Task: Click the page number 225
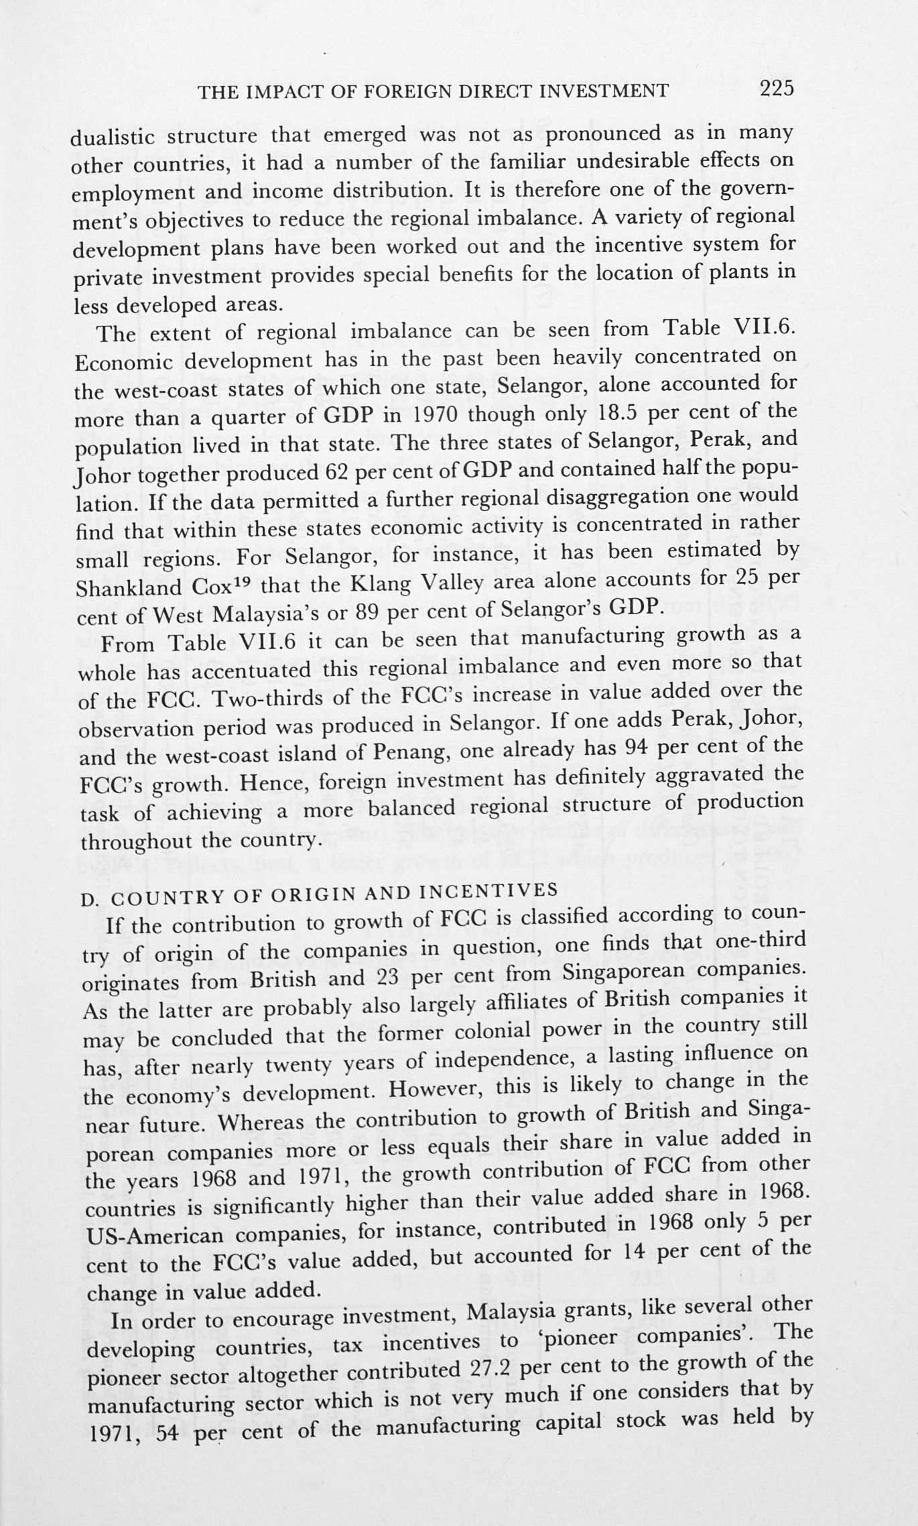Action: pos(777,88)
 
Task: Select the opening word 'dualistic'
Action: pos(114,137)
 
